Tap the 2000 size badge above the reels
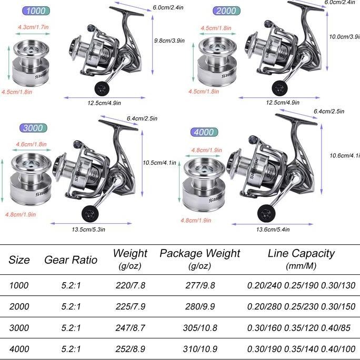pyautogui.click(x=226, y=11)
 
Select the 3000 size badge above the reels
pyautogui.click(x=33, y=128)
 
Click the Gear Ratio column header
pyautogui.click(x=71, y=259)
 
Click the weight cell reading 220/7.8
pyautogui.click(x=130, y=285)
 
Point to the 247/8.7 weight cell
pyautogui.click(x=130, y=327)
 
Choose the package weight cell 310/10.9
pyautogui.click(x=199, y=349)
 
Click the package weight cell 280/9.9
pyautogui.click(x=199, y=306)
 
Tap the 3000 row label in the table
pyautogui.click(x=19, y=327)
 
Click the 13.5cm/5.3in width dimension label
pyautogui.click(x=88, y=229)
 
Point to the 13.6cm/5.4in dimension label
pyautogui.click(x=273, y=229)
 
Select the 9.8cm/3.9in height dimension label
pyautogui.click(x=169, y=40)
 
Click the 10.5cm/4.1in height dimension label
pyautogui.click(x=159, y=163)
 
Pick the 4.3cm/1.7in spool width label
pyautogui.click(x=33, y=27)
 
